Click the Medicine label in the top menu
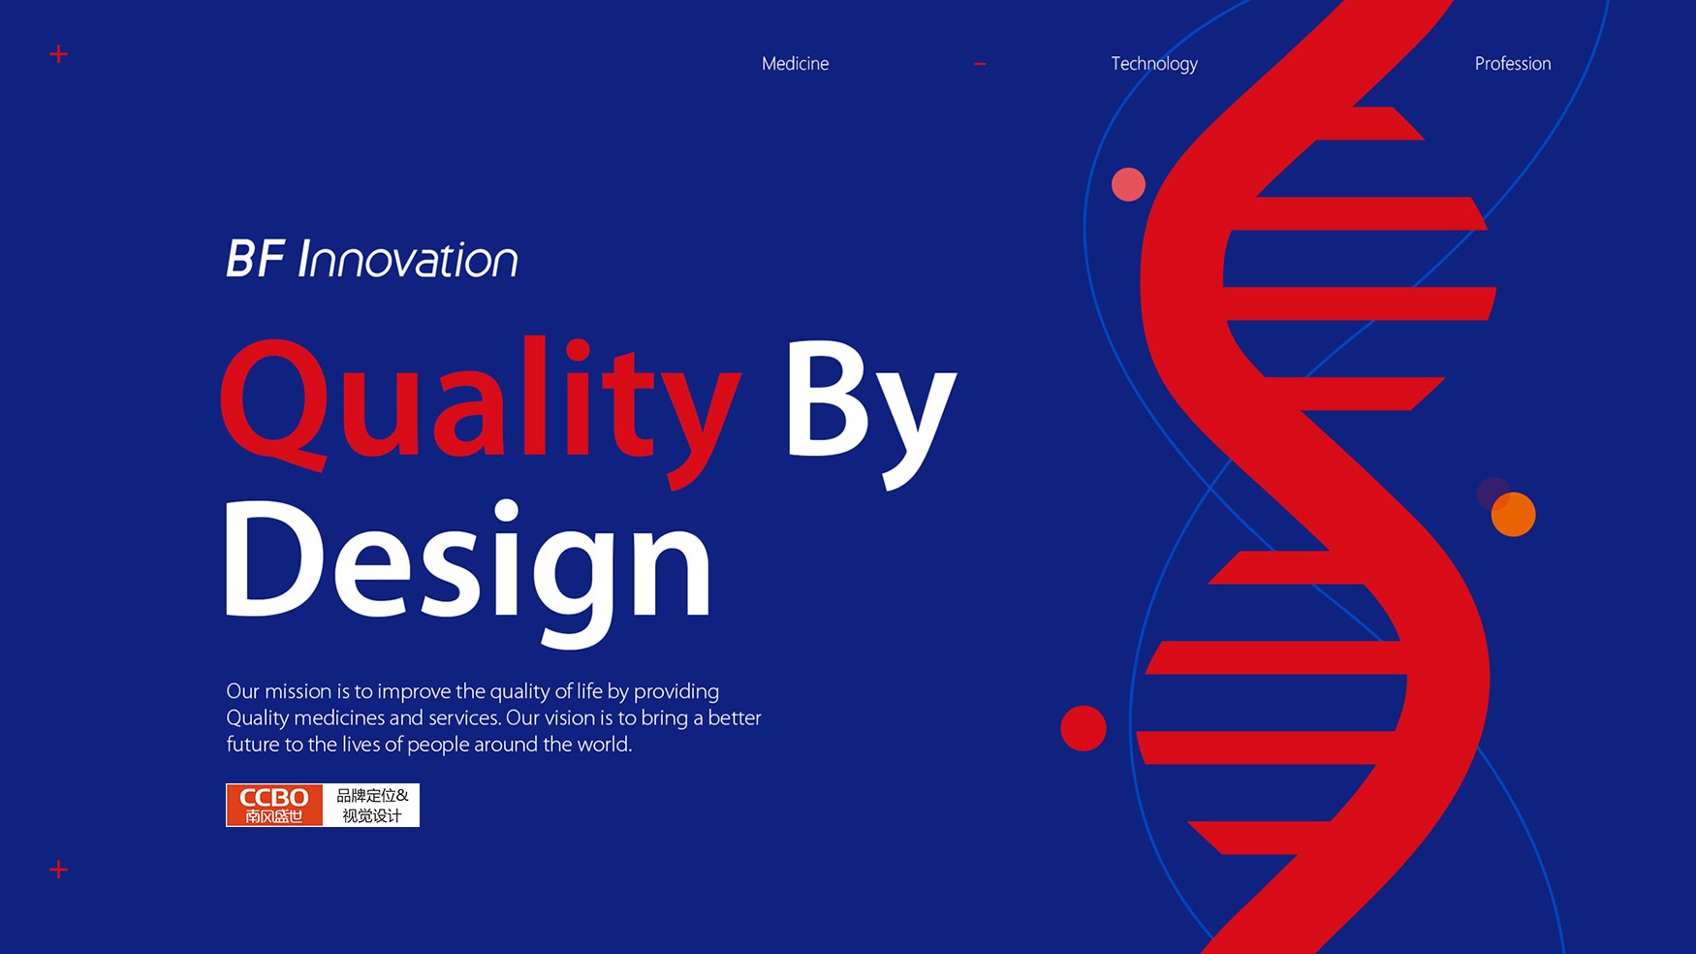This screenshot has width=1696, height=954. (x=795, y=64)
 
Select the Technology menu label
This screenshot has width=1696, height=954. (x=1154, y=64)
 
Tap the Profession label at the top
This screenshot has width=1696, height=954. (x=1513, y=64)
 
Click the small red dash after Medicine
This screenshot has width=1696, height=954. (x=980, y=64)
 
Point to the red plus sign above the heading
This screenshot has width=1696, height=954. (x=58, y=54)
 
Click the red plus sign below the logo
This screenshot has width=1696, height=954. (x=58, y=870)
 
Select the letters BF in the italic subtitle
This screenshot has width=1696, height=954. (x=255, y=259)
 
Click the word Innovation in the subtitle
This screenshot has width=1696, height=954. (x=408, y=259)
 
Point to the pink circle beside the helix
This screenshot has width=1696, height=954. (x=1128, y=184)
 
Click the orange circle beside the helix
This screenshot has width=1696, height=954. (x=1514, y=515)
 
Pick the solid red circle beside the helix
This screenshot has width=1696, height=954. (x=1084, y=728)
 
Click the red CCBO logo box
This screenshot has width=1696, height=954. (x=274, y=805)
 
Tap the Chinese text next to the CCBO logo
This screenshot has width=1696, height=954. (x=372, y=805)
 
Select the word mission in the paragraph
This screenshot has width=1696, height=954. (x=298, y=691)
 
